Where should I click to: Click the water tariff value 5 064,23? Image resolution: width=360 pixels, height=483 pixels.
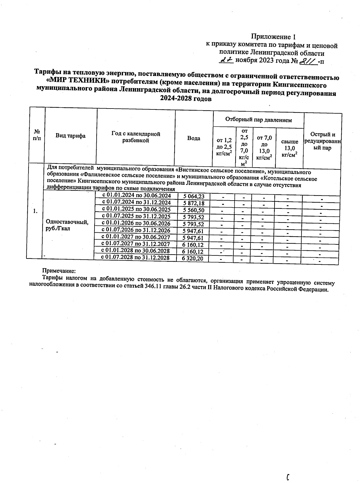pos(194,196)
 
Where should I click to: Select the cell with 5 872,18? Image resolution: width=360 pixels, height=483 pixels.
pos(194,203)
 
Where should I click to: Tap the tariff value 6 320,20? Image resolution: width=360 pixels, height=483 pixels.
pos(192,258)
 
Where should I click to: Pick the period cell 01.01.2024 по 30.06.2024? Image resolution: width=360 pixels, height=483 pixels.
pos(136,195)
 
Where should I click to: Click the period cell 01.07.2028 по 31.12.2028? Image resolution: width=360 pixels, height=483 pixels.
pos(135,258)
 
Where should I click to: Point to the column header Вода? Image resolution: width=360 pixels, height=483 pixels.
pos(194,138)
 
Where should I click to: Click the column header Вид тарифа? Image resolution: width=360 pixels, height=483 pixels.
pos(70,136)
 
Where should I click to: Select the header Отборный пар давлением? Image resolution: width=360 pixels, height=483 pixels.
pos(258,120)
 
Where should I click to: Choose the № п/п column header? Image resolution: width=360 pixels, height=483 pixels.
pos(37,136)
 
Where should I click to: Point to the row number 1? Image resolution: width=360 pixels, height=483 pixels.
pos(35,211)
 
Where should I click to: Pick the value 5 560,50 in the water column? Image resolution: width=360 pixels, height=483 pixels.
pos(193,210)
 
